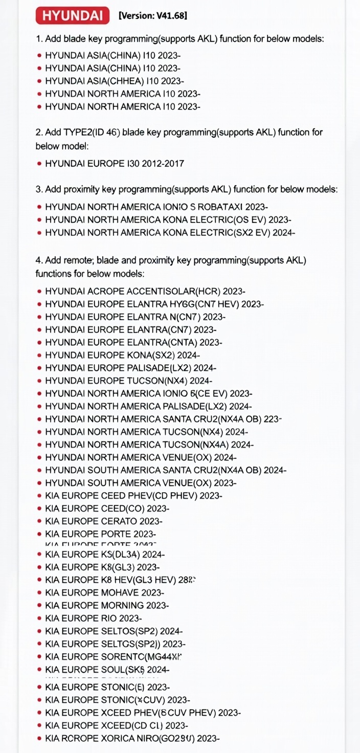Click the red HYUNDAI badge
point(72,16)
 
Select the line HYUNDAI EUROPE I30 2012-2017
point(115,164)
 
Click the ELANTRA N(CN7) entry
point(170,317)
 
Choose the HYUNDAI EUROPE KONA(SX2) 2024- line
point(122,356)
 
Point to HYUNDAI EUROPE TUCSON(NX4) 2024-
point(128,381)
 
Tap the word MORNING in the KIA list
point(123,606)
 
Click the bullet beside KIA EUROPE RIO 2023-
point(39,618)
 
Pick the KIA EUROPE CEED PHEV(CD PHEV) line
point(133,496)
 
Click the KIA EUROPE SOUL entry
point(107,670)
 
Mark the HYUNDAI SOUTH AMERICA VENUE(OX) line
point(141,483)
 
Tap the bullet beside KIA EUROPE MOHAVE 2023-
point(39,593)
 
